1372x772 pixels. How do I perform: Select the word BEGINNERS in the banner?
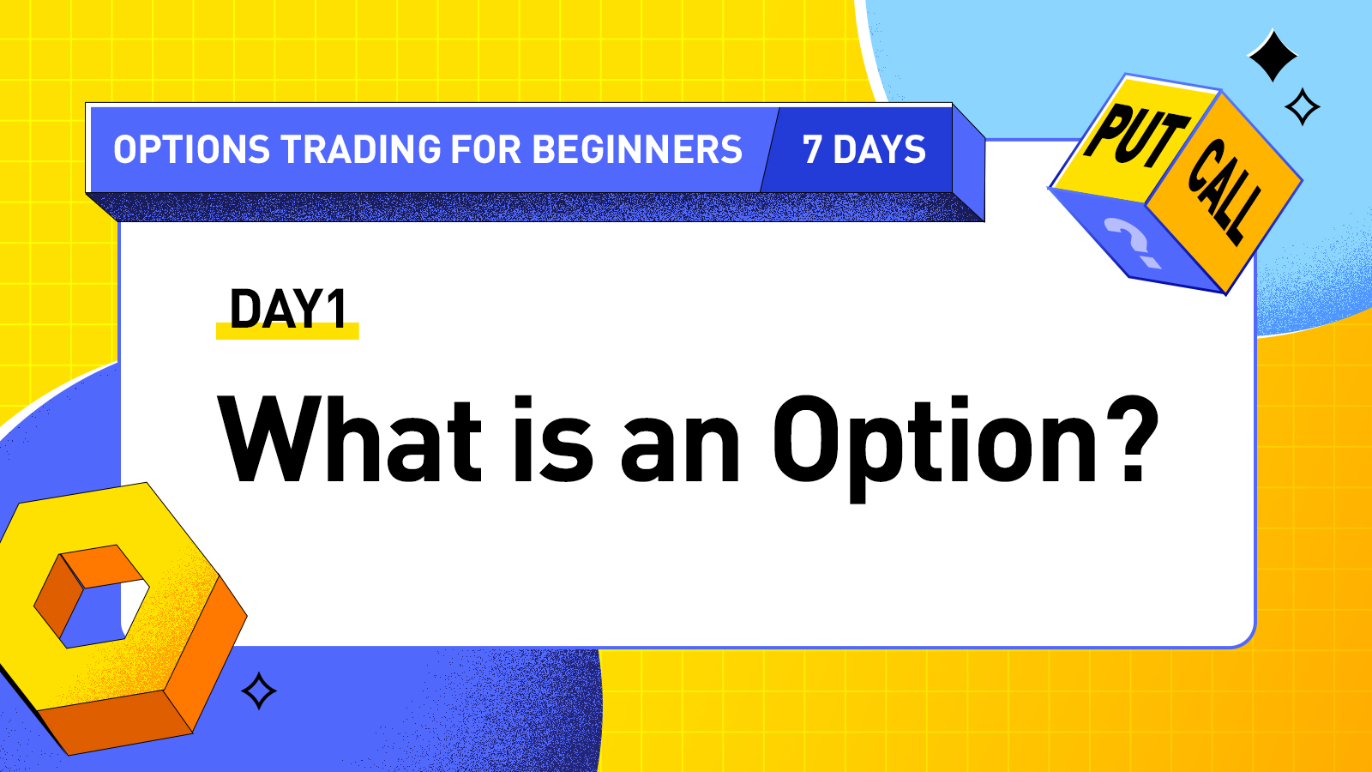[636, 150]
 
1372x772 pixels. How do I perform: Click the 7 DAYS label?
[864, 150]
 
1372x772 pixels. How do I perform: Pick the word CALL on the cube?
[1225, 190]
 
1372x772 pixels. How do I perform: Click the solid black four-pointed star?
[1273, 56]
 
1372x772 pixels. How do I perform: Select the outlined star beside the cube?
[1303, 107]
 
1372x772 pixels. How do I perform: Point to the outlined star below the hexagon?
[259, 691]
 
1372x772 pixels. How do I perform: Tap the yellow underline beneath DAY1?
[287, 333]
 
